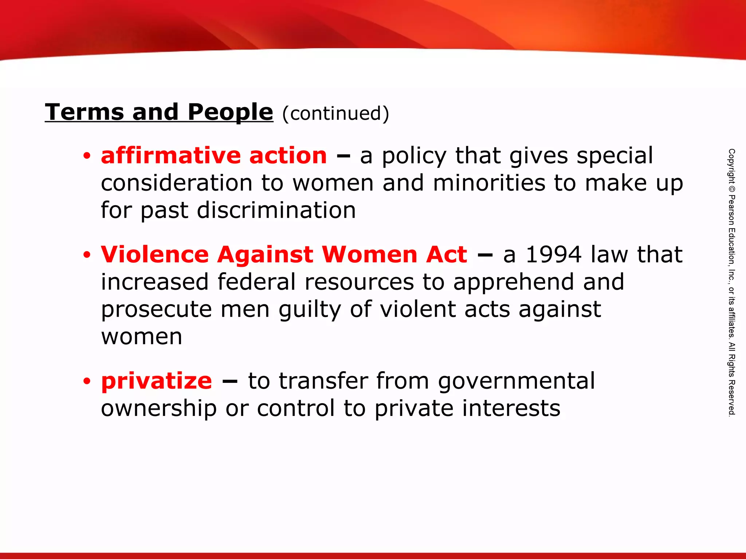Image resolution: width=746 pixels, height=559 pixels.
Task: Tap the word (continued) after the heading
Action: coord(335,113)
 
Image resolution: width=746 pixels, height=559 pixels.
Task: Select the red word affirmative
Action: coord(170,156)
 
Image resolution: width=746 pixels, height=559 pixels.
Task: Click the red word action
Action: coord(288,156)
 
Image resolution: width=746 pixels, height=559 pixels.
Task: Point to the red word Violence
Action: coord(155,254)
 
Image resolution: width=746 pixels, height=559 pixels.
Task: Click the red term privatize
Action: coord(157,381)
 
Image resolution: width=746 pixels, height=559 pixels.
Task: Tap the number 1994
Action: coord(554,254)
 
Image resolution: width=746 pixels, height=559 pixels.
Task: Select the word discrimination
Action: coord(276,210)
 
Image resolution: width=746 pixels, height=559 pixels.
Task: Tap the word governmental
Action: coord(516,381)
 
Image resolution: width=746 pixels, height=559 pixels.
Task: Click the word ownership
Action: coord(159,409)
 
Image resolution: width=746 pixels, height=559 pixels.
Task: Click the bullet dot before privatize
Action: coord(86,381)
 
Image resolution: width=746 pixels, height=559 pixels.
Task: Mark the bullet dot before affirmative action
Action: coord(86,156)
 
